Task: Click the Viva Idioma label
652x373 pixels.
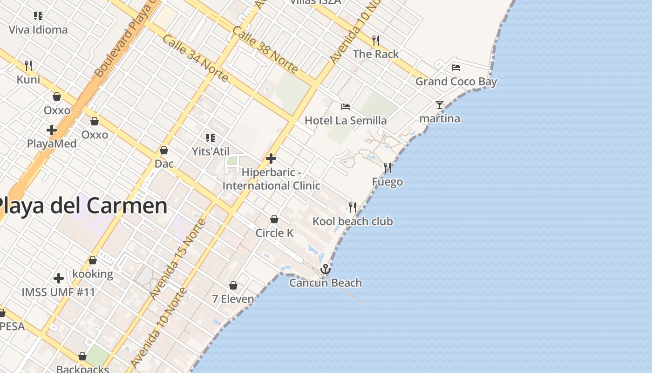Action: (x=38, y=30)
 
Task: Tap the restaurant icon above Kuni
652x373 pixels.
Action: (x=28, y=65)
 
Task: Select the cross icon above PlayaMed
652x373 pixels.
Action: (x=52, y=130)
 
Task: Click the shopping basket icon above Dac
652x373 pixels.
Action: (x=164, y=150)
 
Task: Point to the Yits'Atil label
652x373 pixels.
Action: (x=211, y=152)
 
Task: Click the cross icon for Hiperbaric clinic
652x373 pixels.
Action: (x=271, y=159)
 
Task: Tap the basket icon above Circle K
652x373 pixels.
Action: (x=274, y=219)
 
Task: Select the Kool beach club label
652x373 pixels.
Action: (x=353, y=221)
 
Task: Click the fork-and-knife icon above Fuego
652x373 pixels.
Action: (x=387, y=168)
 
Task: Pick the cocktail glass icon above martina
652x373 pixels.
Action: (x=440, y=104)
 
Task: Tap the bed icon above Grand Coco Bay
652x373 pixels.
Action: (x=456, y=68)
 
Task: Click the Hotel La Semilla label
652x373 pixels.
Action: (x=346, y=121)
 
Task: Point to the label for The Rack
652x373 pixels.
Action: (x=376, y=54)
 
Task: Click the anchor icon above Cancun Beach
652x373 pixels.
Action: (x=326, y=269)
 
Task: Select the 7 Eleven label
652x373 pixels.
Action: (x=233, y=299)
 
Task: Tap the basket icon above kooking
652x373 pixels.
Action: (x=93, y=260)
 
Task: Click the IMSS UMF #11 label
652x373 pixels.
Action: (x=58, y=292)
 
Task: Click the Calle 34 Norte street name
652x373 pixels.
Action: (x=196, y=58)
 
